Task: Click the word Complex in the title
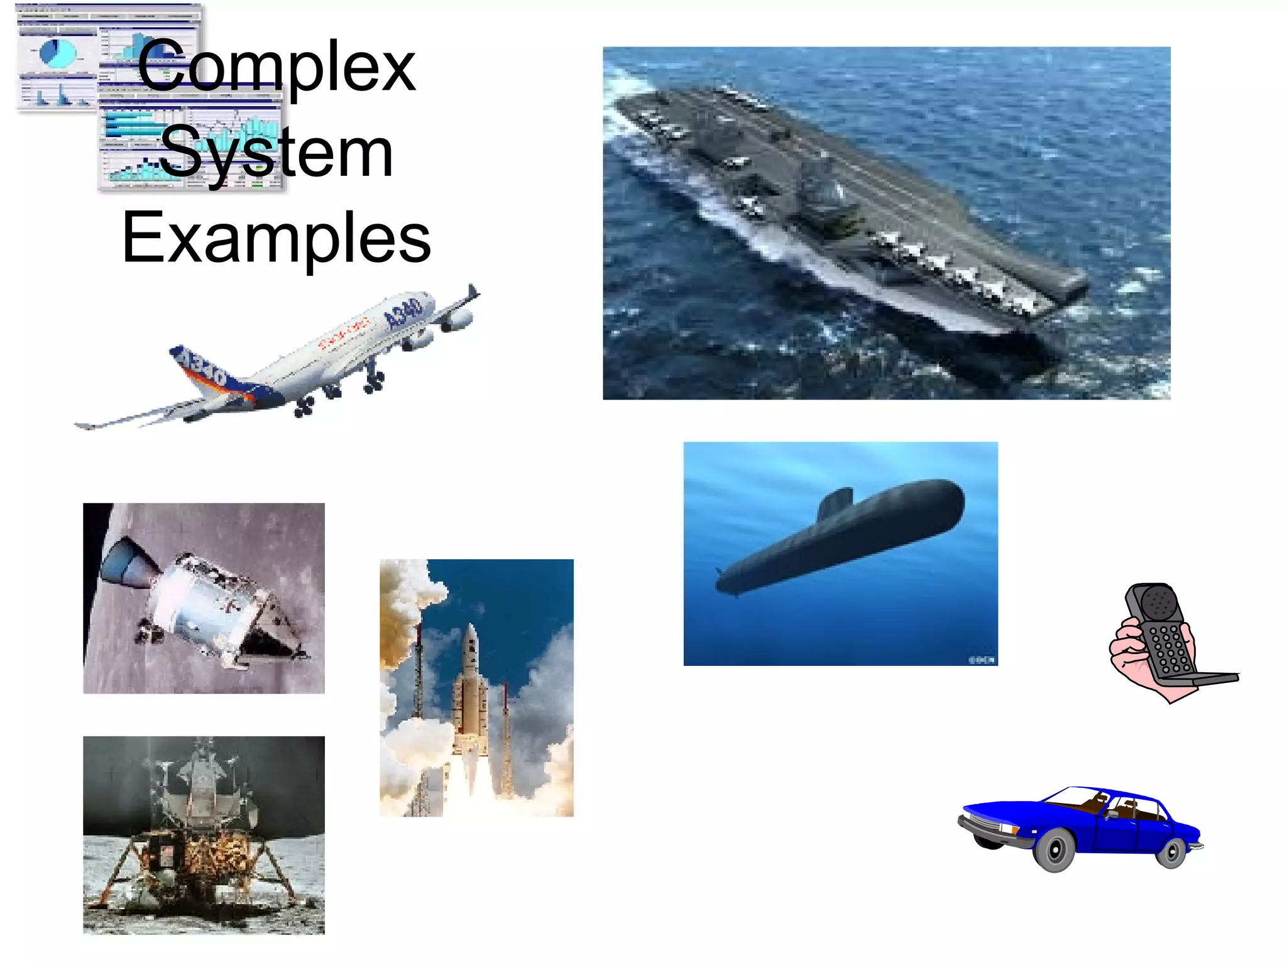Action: tap(277, 67)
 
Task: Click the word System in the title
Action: tap(277, 153)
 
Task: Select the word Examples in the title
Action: tap(277, 237)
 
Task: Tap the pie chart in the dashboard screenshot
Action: tap(57, 53)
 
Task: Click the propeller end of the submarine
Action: tap(723, 581)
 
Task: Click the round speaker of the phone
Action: tap(1156, 604)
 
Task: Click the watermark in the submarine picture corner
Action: tap(981, 659)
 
